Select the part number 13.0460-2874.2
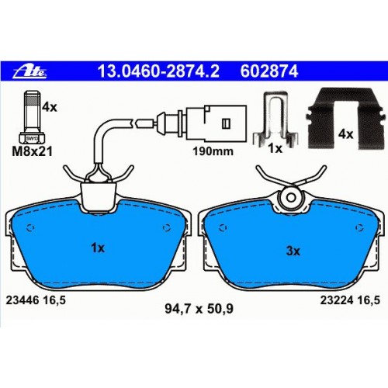coord(158,71)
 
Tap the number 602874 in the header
coord(269,71)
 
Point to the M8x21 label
coord(33,151)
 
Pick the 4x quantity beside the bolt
coord(50,106)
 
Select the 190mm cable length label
coord(213,151)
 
